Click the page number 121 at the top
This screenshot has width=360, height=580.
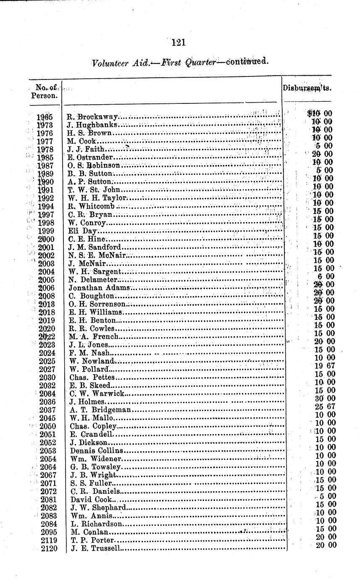click(179, 42)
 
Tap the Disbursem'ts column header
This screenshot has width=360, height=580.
click(306, 89)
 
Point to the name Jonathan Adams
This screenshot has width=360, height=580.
click(101, 288)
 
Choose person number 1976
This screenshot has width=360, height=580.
click(45, 133)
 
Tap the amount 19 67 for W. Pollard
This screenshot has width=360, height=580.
click(325, 366)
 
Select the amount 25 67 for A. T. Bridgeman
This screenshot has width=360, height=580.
click(325, 406)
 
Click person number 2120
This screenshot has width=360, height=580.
click(48, 548)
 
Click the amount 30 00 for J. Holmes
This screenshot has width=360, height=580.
click(325, 398)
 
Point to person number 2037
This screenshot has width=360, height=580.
click(48, 410)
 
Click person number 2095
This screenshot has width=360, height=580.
click(48, 532)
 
